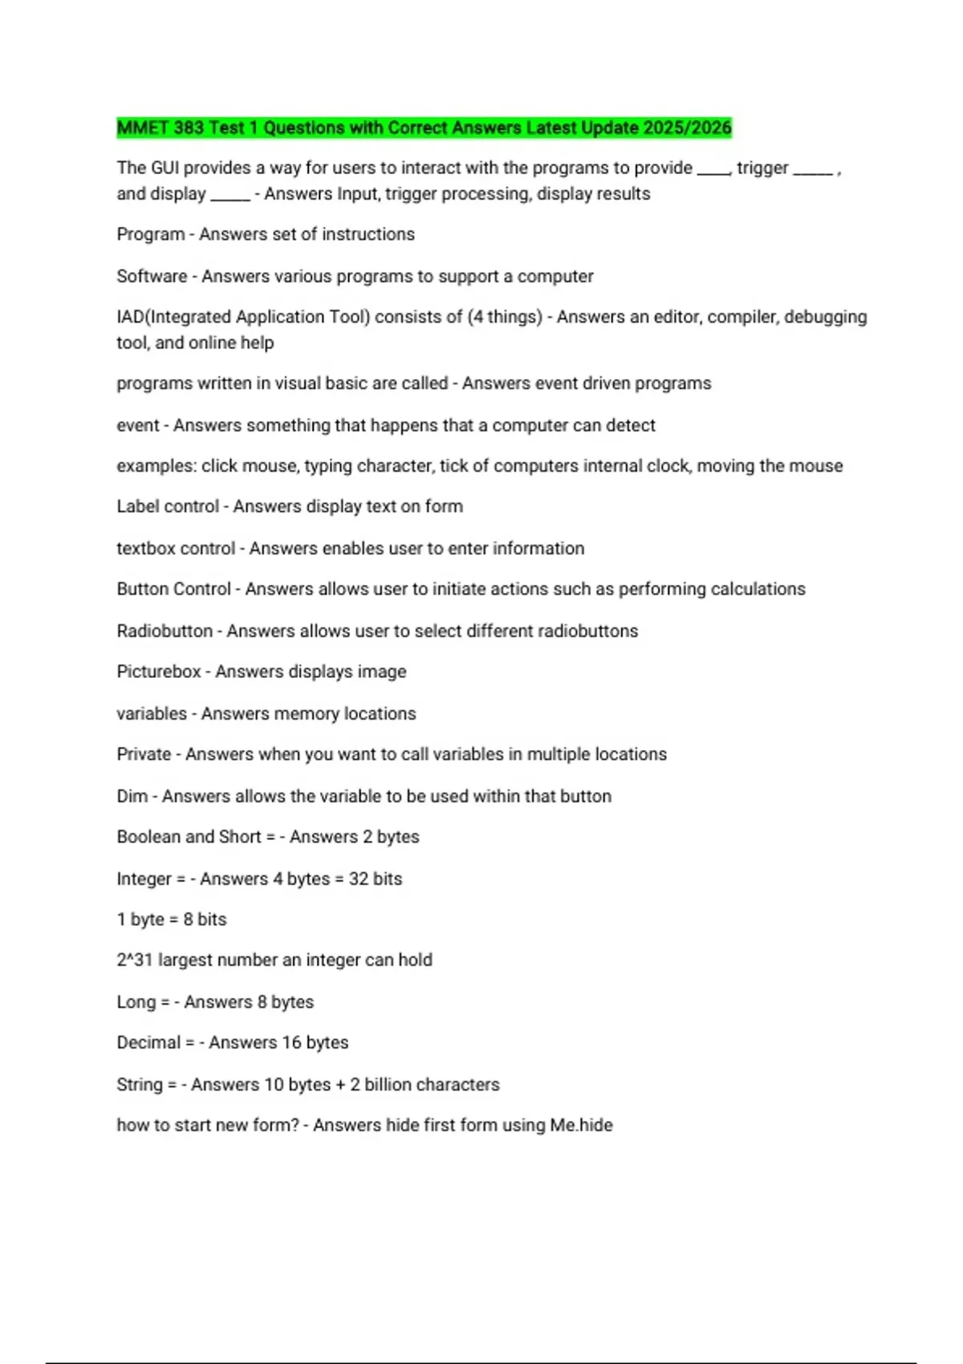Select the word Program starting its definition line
pyautogui.click(x=150, y=234)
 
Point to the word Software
pyautogui.click(x=152, y=277)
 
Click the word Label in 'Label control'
pyautogui.click(x=138, y=507)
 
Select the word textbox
pyautogui.click(x=144, y=549)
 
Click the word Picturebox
pyautogui.click(x=158, y=672)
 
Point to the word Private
pyautogui.click(x=144, y=754)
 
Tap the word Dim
pyautogui.click(x=132, y=796)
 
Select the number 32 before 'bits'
pyautogui.click(x=358, y=879)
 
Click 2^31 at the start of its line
pyautogui.click(x=134, y=960)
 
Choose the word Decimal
pyautogui.click(x=148, y=1043)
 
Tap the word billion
pyautogui.click(x=387, y=1085)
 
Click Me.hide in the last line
pyautogui.click(x=581, y=1126)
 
